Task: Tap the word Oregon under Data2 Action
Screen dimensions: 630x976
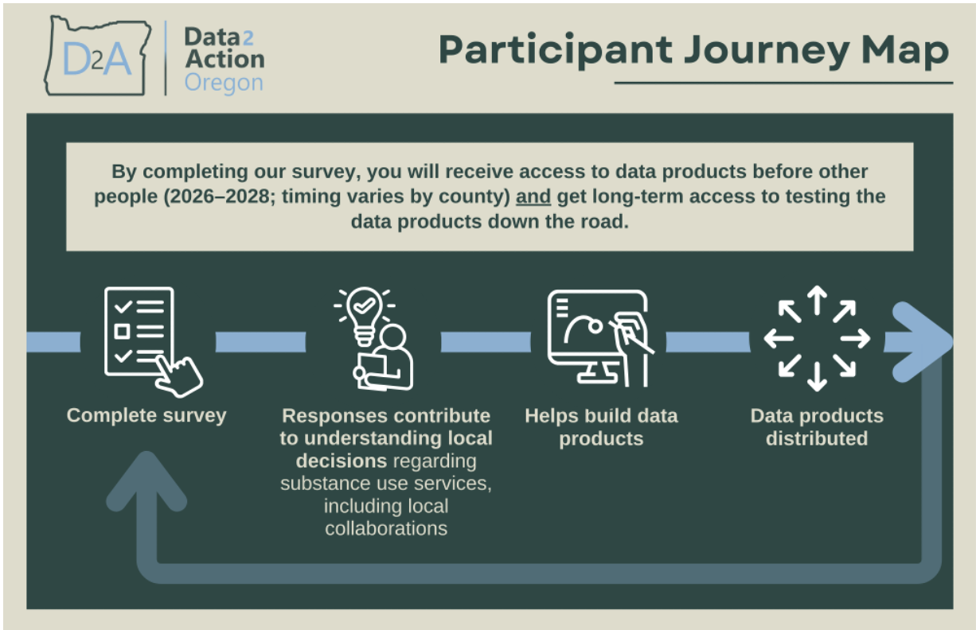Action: tap(223, 83)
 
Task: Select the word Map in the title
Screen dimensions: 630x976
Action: tap(904, 50)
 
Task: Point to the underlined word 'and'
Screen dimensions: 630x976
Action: tap(533, 196)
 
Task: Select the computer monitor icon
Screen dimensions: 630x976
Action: tap(593, 334)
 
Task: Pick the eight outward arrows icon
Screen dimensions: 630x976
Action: tap(817, 339)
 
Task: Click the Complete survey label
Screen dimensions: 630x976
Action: tap(146, 415)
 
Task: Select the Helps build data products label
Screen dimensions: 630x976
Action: tap(601, 427)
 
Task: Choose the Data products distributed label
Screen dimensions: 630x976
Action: tap(817, 427)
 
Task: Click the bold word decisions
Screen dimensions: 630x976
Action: tap(342, 461)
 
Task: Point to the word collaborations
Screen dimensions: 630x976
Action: tap(386, 528)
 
